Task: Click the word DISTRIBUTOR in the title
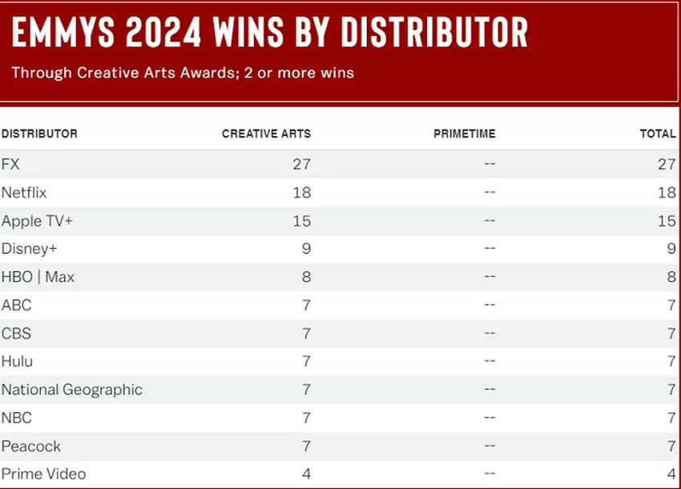434,33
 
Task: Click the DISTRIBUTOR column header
39,134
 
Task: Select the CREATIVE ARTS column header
266,134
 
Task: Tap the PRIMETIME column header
464,134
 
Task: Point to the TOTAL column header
658,134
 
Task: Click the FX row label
10,164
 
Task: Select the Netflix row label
24,192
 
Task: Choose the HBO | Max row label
38,277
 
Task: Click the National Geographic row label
71,390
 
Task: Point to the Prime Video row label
43,474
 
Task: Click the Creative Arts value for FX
301,164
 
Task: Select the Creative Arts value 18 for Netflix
301,192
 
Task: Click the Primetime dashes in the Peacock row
490,446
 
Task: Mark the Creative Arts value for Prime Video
306,474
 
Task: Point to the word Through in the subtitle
41,73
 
